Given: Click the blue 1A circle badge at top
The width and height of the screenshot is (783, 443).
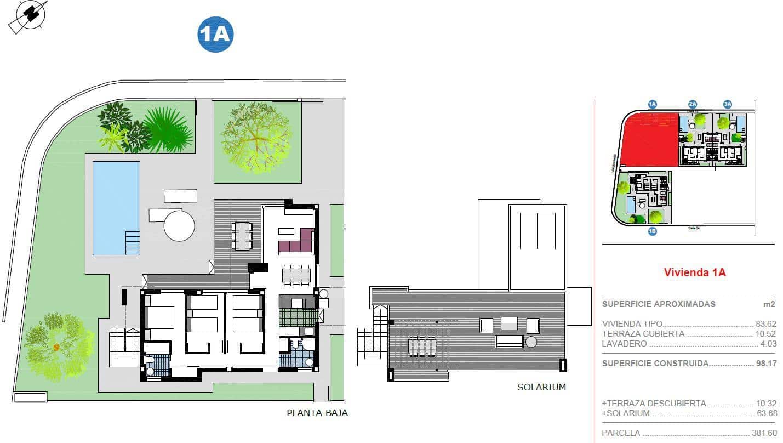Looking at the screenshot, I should (x=215, y=34).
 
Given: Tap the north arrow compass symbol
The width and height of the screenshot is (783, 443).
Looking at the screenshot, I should (x=28, y=16).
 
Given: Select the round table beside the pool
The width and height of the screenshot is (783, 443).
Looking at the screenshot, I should (x=179, y=226).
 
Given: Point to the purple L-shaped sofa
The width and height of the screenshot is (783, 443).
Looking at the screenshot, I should (x=296, y=242).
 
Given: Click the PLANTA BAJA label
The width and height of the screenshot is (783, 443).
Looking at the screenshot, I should (x=317, y=413).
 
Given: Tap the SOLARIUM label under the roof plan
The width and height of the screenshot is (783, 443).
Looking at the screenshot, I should (x=541, y=387).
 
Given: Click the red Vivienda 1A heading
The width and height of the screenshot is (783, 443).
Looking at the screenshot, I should (x=694, y=272).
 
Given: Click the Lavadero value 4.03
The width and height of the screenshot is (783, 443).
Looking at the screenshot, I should (x=767, y=344).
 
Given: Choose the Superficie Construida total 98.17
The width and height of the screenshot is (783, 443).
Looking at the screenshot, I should (x=765, y=363).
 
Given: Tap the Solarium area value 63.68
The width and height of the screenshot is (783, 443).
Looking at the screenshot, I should (x=765, y=413).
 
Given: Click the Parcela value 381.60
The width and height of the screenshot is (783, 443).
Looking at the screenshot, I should (x=764, y=433).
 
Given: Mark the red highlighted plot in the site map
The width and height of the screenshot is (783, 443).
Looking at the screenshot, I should (x=649, y=140).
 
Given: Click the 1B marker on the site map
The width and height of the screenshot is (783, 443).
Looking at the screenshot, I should (x=652, y=231).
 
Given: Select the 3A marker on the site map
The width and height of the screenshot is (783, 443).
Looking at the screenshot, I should (x=727, y=104).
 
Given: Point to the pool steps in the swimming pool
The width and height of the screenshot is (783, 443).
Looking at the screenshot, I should (x=133, y=242).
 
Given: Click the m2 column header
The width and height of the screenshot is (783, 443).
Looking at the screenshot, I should (x=769, y=304).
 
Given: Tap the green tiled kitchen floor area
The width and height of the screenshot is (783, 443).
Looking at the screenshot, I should (x=298, y=317).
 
